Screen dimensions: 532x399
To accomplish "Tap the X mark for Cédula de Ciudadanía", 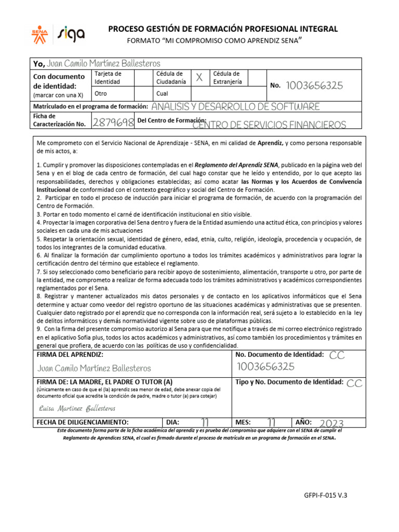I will tap(198, 78).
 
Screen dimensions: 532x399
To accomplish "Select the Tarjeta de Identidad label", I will tap(108, 78).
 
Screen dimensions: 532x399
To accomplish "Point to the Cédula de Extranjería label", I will tap(227, 78).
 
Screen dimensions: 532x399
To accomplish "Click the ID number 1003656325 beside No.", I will tap(314, 86).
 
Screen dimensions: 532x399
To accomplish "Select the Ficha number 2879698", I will tap(113, 122).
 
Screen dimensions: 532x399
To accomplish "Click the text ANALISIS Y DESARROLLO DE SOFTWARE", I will tap(235, 107).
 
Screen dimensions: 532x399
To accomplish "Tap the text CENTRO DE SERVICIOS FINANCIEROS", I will tap(269, 125).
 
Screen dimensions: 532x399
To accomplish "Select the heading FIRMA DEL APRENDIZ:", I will tap(70, 354).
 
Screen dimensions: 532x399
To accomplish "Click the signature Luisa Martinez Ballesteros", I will tap(77, 408).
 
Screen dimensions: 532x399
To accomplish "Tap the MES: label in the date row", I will tap(244, 422).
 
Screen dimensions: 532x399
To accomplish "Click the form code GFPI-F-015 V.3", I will tap(325, 495).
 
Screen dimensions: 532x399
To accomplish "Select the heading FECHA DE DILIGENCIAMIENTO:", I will tap(82, 422).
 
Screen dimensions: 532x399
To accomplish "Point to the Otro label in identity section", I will tap(101, 94).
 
